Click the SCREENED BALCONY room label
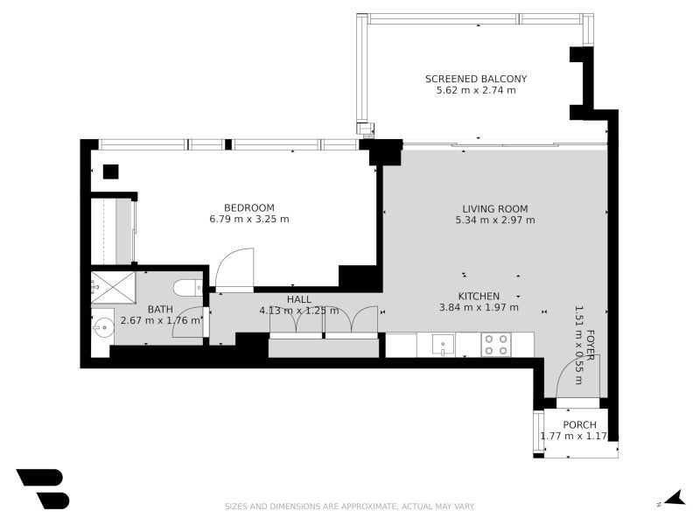[x=476, y=79]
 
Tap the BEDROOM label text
[x=248, y=207]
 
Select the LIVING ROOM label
[x=494, y=208]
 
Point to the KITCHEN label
[x=479, y=296]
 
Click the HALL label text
[x=298, y=299]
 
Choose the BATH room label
[x=159, y=309]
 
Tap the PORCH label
[x=579, y=424]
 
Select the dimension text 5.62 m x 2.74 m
[x=476, y=90]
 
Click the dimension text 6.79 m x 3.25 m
[x=248, y=219]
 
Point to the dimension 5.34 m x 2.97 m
[x=494, y=220]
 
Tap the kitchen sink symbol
[x=443, y=345]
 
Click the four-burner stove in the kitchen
[x=496, y=345]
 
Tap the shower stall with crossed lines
[x=113, y=283]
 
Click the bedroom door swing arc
[x=234, y=268]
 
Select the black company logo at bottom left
[x=42, y=488]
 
